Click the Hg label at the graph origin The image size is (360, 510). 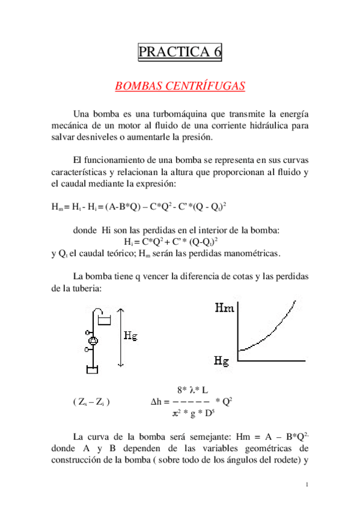222,361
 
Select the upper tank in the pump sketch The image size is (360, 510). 105,319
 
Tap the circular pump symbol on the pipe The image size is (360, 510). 93,341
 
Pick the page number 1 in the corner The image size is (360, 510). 307,485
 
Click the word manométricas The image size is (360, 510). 247,253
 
